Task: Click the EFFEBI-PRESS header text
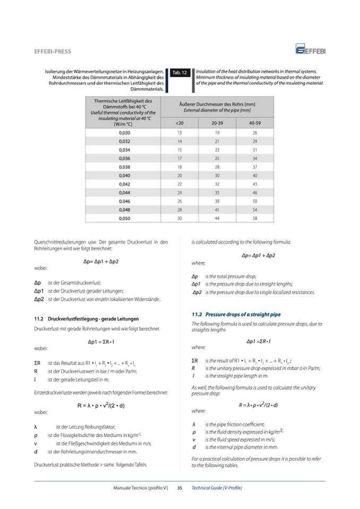click(x=53, y=51)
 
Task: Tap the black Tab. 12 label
click(x=179, y=73)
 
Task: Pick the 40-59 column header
click(x=255, y=123)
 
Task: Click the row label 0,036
click(x=123, y=158)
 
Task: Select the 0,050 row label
click(x=123, y=218)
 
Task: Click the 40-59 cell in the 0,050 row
click(x=255, y=218)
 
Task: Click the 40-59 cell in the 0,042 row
click(x=255, y=184)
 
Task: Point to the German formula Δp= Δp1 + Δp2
click(x=101, y=262)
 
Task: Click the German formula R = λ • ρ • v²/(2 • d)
click(x=101, y=406)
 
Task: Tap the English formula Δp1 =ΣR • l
click(x=259, y=340)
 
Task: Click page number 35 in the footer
click(x=179, y=487)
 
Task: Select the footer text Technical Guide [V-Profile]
click(x=217, y=487)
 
